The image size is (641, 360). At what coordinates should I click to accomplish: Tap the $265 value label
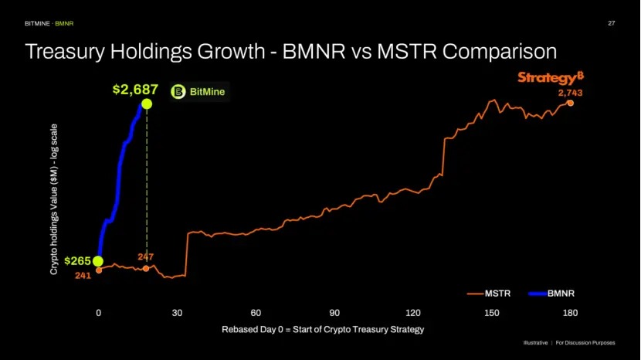tap(77, 261)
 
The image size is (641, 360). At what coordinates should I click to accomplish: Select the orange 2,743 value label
tap(570, 93)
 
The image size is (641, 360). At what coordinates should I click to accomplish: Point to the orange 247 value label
tap(146, 256)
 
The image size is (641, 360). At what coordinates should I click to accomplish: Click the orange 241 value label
tap(83, 275)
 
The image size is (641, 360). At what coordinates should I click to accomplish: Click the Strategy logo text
tap(547, 78)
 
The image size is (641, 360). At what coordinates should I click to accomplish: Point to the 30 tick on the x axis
tap(177, 313)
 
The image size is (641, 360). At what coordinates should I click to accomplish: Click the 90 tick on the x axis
tap(334, 313)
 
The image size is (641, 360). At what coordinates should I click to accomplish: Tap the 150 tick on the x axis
tap(492, 313)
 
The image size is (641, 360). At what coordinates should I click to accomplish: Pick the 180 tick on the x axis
tap(571, 313)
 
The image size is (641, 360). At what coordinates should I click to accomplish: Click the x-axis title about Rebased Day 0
tap(323, 329)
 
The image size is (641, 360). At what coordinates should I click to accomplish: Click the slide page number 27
tap(612, 23)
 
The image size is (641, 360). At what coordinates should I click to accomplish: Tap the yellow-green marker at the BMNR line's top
tap(147, 104)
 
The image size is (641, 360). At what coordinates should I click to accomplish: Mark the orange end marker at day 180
tap(570, 103)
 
